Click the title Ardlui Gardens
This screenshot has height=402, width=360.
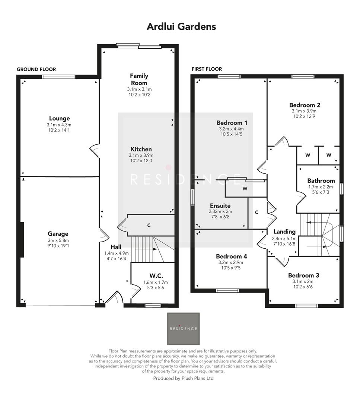coord(181,27)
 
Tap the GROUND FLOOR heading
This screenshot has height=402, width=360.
coord(36,70)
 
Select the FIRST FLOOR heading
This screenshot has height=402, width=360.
coord(206,69)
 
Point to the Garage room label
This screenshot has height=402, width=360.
coord(58,234)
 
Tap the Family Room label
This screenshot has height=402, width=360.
coord(139,79)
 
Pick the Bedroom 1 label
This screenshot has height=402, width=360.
coord(232,123)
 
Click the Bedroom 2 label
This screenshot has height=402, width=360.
coord(305,105)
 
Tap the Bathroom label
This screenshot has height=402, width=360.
coord(321,181)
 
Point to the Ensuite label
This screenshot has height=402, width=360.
coord(220,205)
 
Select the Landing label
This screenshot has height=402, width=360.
coord(284,232)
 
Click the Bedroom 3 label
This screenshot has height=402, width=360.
coord(303,275)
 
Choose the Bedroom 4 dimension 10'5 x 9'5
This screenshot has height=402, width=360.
coord(231,267)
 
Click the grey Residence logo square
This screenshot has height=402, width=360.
coord(183,329)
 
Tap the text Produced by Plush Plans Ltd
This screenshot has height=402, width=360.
coord(183,378)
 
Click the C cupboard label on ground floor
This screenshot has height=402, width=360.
coord(149,226)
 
